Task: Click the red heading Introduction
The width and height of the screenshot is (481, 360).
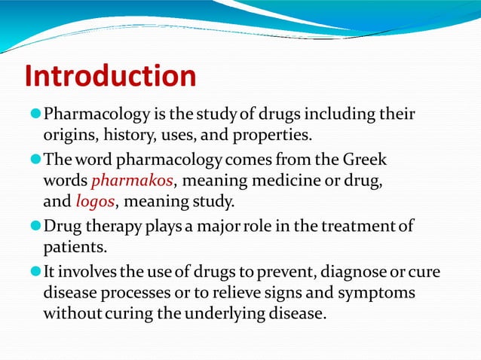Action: coord(110,76)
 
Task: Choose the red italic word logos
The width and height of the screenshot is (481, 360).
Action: coord(94,202)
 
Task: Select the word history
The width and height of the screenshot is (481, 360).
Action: coord(127,136)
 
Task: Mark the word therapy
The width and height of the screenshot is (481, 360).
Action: coord(115,225)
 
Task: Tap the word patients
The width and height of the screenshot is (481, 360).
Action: coord(72,246)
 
